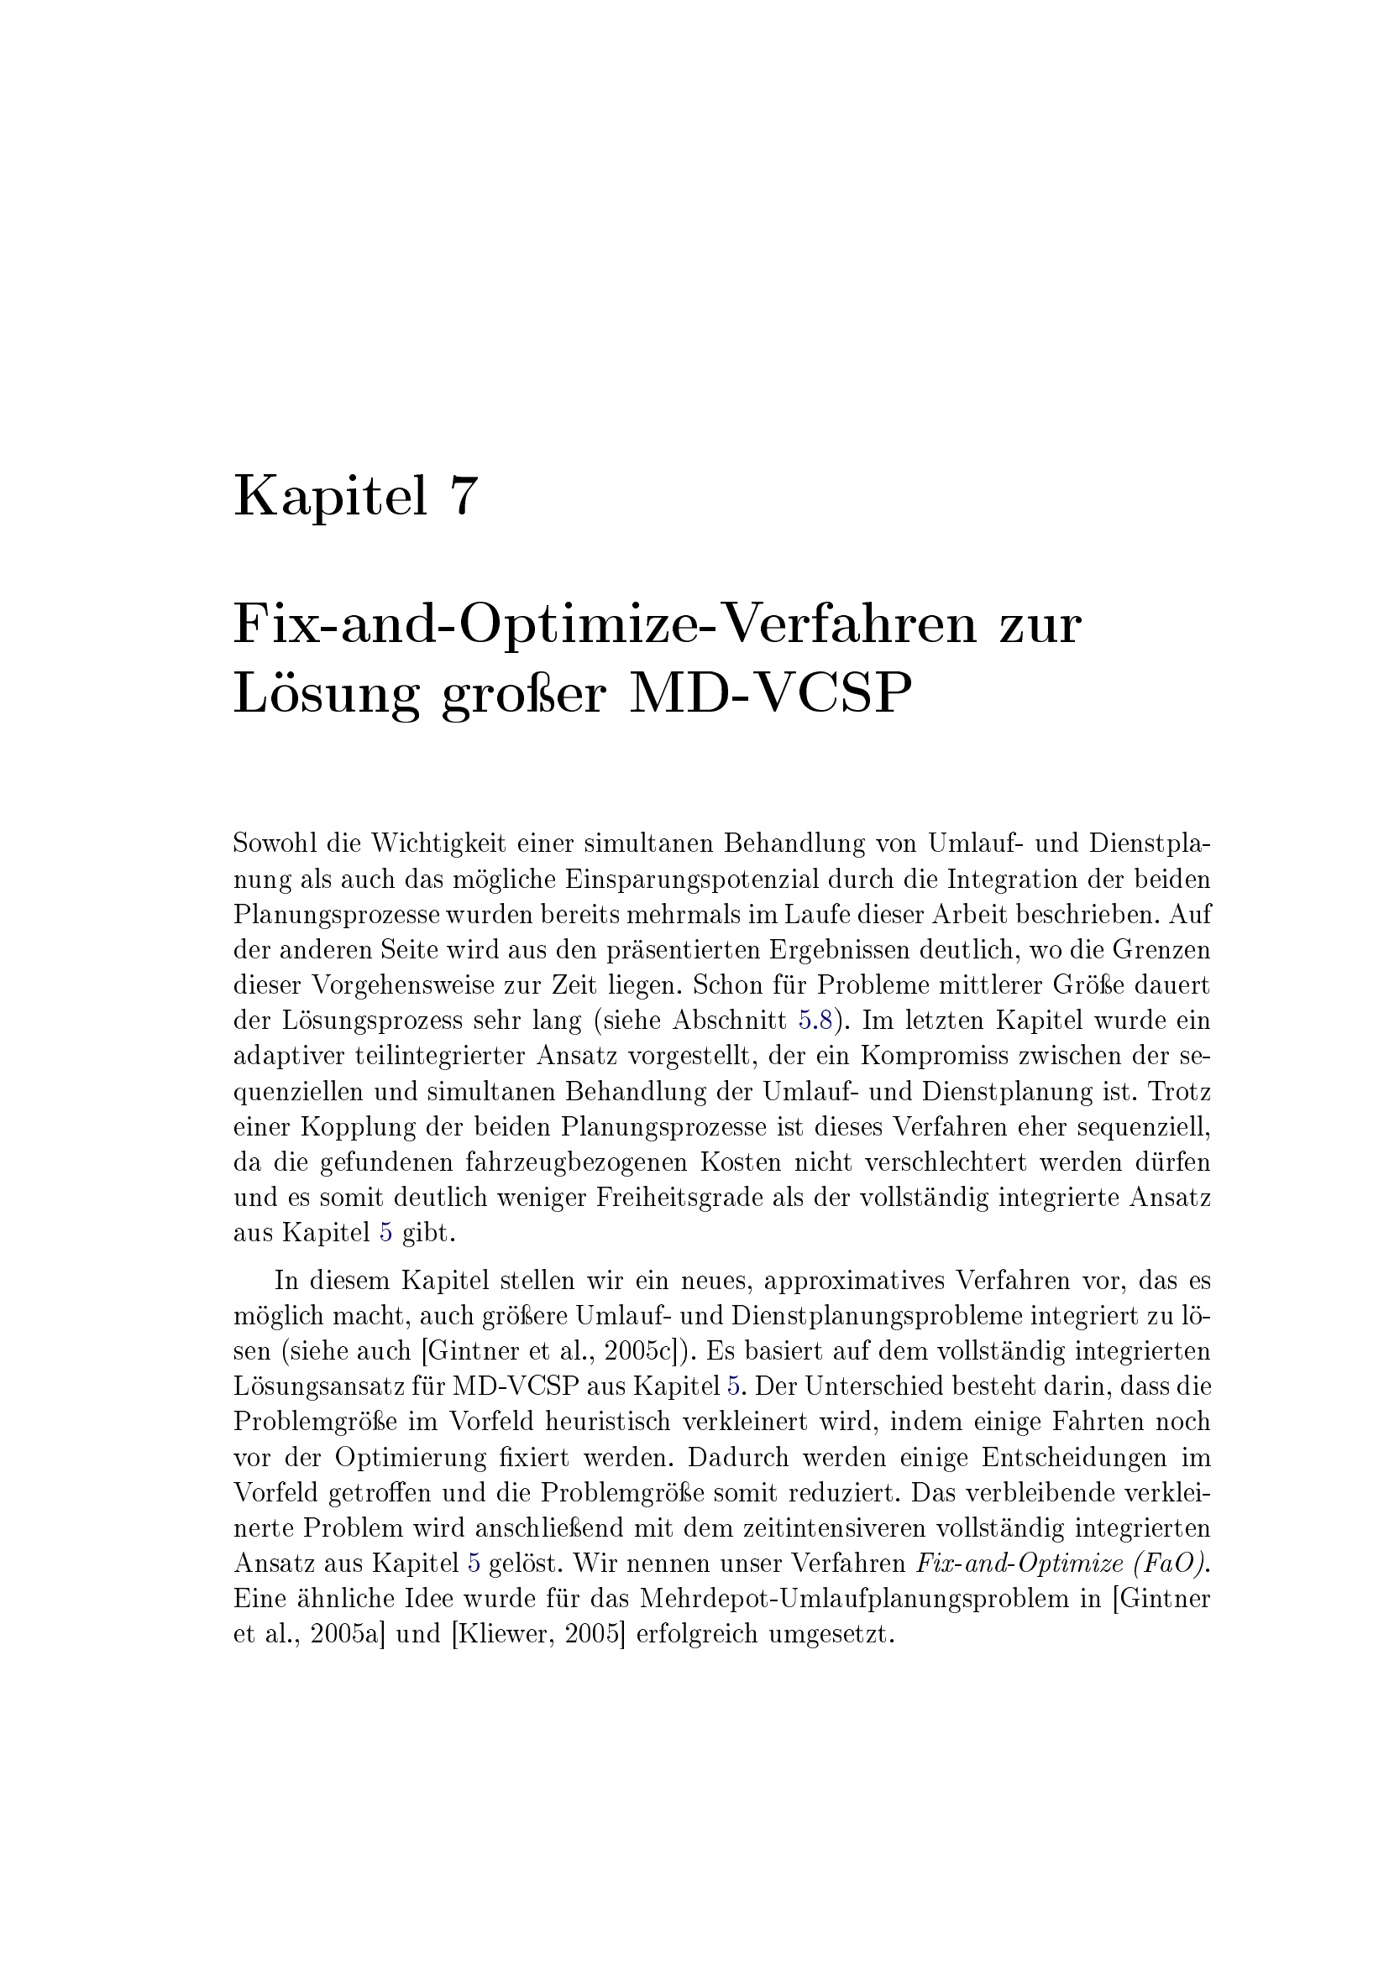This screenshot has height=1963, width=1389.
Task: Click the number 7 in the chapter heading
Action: (x=460, y=497)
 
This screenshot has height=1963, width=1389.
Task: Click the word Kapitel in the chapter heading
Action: (x=330, y=497)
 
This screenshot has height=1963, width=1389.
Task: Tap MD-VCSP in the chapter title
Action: (x=766, y=694)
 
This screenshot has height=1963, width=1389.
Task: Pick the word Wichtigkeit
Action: (x=438, y=843)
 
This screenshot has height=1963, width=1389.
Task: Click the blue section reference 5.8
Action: (x=815, y=1020)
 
